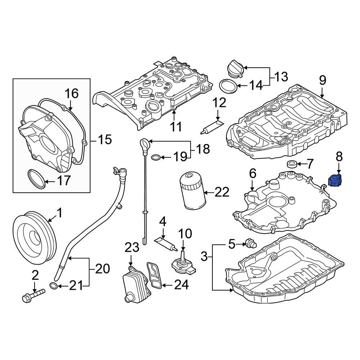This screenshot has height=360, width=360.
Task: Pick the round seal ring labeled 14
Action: [228, 86]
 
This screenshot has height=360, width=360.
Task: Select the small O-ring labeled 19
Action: [156, 157]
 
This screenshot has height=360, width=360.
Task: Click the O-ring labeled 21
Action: [53, 286]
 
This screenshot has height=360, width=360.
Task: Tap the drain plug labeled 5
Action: [249, 244]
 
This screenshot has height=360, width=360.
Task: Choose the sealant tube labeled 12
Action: [212, 126]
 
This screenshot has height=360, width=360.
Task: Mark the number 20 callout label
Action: [102, 269]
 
